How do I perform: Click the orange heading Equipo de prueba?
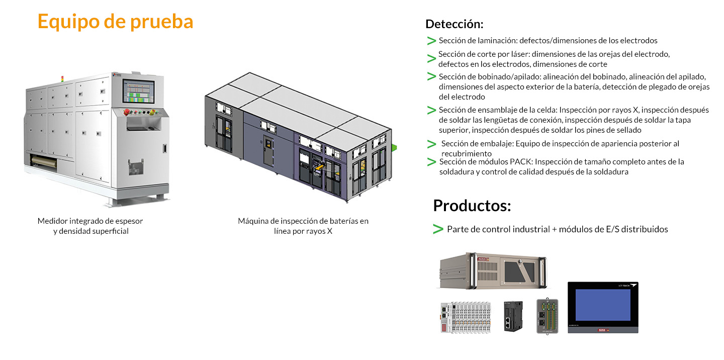pos(115,22)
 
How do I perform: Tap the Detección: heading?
pos(454,24)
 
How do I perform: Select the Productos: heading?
pos(472,205)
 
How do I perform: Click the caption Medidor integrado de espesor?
pos(90,221)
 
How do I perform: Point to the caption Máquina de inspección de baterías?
pos(303,221)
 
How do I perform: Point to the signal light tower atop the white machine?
pos(62,79)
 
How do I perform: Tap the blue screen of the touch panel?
pos(602,305)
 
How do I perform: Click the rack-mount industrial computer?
pos(493,271)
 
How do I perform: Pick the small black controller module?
pos(514,316)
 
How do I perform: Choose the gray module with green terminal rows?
pos(548,316)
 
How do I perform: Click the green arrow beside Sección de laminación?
pos(431,40)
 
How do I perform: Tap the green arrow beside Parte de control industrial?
pos(437,229)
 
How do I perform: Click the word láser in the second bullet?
pos(498,54)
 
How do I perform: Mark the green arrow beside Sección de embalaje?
pos(431,144)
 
